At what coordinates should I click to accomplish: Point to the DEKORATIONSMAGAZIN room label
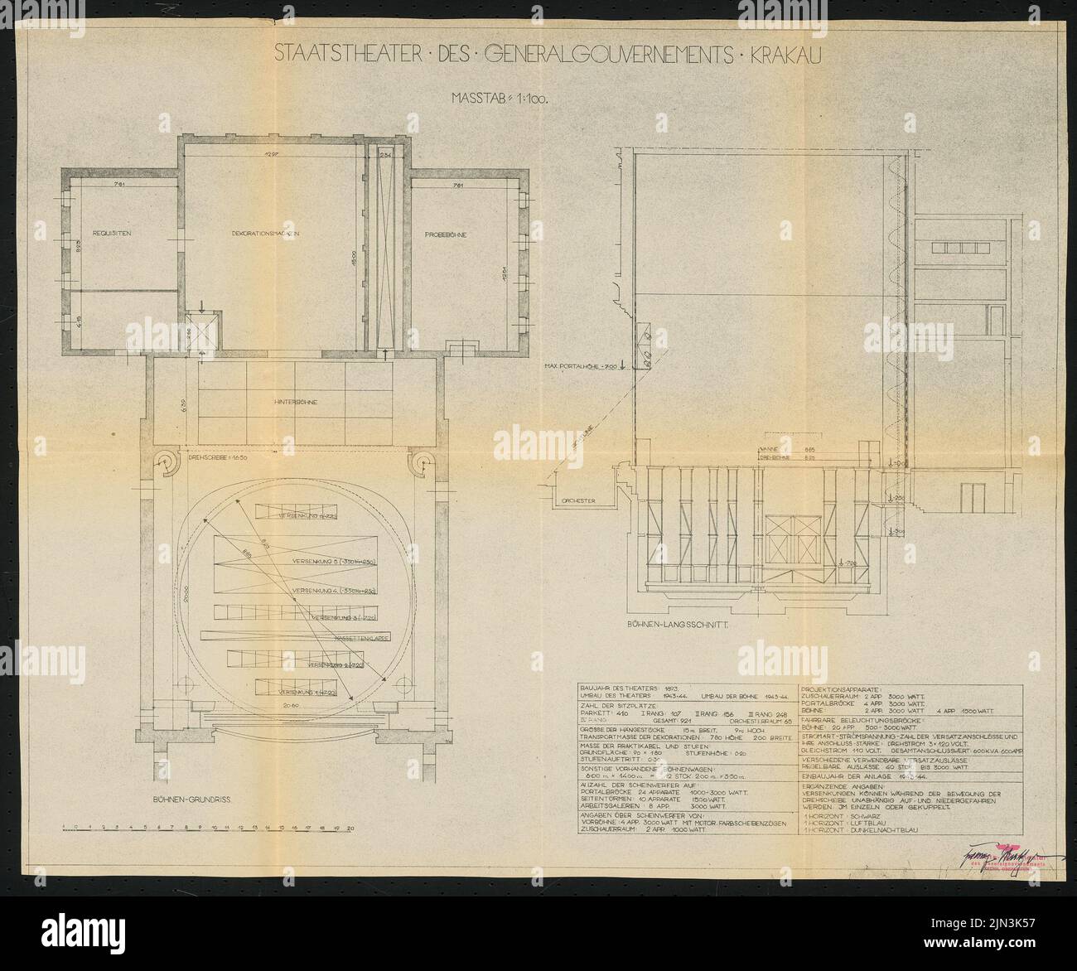point(264,234)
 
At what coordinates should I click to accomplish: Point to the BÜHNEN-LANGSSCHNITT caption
point(690,628)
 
